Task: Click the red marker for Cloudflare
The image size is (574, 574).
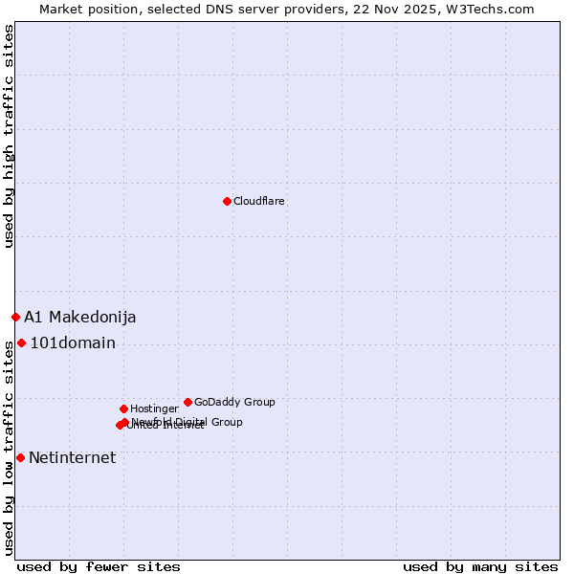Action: (227, 201)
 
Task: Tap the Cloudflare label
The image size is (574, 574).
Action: (259, 201)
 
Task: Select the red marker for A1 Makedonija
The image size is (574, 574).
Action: (15, 317)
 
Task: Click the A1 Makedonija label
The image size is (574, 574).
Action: (80, 317)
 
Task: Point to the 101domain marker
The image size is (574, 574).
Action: (21, 342)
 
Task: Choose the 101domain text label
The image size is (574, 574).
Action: (73, 343)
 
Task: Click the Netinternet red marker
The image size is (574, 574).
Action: (20, 457)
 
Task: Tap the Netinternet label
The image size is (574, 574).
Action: (73, 457)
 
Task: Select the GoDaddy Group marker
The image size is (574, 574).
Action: (188, 402)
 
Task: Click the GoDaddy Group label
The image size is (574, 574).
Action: (234, 402)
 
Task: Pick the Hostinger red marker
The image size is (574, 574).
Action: (123, 408)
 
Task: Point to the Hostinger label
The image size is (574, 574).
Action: (154, 408)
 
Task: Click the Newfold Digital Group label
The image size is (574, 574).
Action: (188, 421)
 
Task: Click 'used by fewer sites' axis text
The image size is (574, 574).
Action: (99, 566)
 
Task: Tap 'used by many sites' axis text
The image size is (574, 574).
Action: (480, 566)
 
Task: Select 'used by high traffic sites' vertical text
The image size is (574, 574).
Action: (9, 136)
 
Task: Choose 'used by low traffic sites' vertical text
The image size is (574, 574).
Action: (9, 450)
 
